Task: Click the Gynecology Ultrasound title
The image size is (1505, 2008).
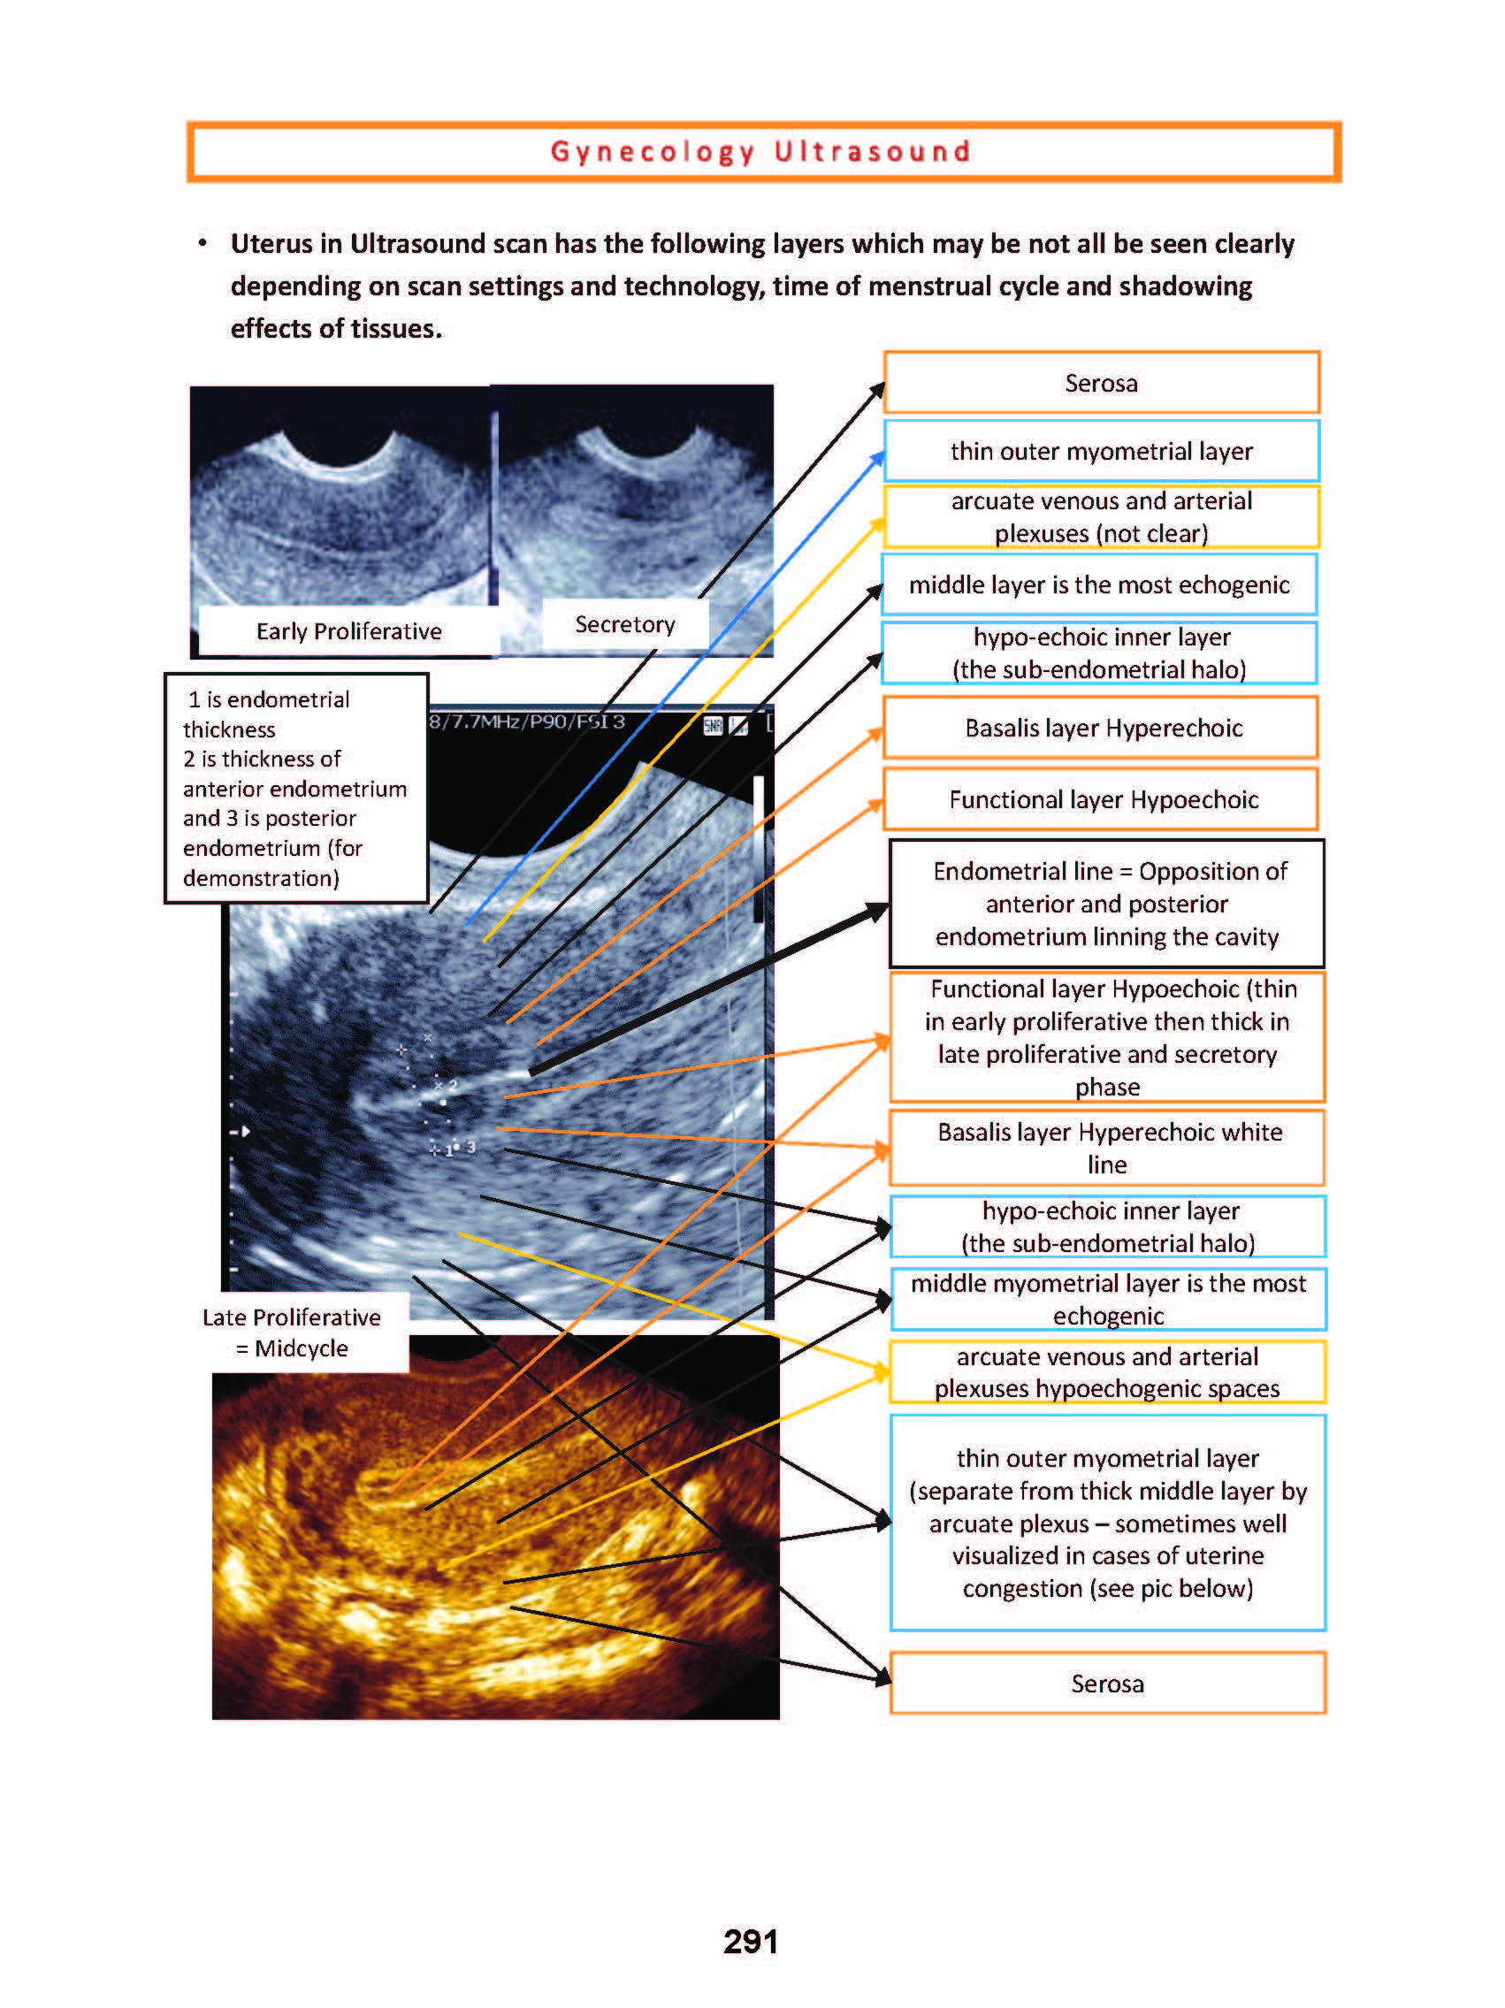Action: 760,151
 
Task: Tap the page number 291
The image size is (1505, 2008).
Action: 750,1941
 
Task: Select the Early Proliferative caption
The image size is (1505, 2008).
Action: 348,631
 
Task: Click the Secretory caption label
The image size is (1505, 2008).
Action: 624,624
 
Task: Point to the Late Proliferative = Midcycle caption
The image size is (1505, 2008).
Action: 292,1332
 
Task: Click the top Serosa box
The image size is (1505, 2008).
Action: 1100,383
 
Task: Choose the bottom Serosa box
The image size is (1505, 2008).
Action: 1106,1683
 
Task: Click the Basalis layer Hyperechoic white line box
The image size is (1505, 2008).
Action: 1107,1148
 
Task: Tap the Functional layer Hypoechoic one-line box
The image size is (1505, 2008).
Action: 1102,799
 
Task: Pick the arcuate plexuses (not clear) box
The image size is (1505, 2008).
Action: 1100,516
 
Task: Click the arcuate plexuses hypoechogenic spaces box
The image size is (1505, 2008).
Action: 1106,1371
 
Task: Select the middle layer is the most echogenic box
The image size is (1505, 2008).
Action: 1098,584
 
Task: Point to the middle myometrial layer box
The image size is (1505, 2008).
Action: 1107,1299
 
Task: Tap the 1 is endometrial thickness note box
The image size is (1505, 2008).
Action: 295,788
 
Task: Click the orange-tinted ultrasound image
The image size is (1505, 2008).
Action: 494,1543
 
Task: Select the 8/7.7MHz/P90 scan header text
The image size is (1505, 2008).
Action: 526,722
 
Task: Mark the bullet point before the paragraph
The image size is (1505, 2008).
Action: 202,242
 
